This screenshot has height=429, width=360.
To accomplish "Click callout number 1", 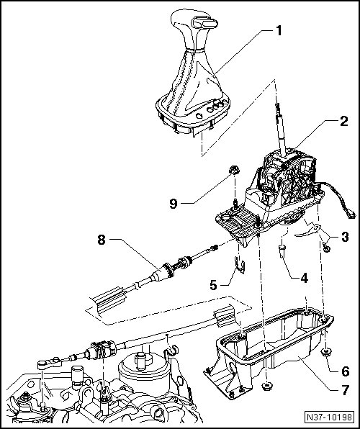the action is pyautogui.click(x=279, y=31).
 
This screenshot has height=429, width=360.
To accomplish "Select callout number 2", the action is pyautogui.click(x=344, y=121).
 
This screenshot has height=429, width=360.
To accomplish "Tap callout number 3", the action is pyautogui.click(x=345, y=237).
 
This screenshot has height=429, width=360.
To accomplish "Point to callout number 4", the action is pyautogui.click(x=304, y=278).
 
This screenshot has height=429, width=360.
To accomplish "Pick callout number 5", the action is pyautogui.click(x=213, y=285).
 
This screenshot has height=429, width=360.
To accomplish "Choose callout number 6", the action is pyautogui.click(x=346, y=371).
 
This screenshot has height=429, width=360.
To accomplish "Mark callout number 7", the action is pyautogui.click(x=345, y=390).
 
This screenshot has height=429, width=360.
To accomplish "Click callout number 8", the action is pyautogui.click(x=102, y=240).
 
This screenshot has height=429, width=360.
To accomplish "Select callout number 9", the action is pyautogui.click(x=173, y=204).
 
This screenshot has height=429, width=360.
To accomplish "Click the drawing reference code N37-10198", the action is pyautogui.click(x=329, y=417).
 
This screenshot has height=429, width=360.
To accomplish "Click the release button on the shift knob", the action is pyautogui.click(x=204, y=22).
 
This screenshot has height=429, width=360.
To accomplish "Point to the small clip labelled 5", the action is pyautogui.click(x=240, y=266).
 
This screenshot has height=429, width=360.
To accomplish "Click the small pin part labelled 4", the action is pyautogui.click(x=282, y=251).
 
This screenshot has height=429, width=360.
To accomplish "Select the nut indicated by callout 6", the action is pyautogui.click(x=325, y=352).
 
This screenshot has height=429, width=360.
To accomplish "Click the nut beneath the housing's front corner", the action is pyautogui.click(x=267, y=386).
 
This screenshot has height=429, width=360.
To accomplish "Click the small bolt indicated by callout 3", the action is pyautogui.click(x=326, y=248).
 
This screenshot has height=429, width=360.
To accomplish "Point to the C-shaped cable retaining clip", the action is pyautogui.click(x=171, y=351).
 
